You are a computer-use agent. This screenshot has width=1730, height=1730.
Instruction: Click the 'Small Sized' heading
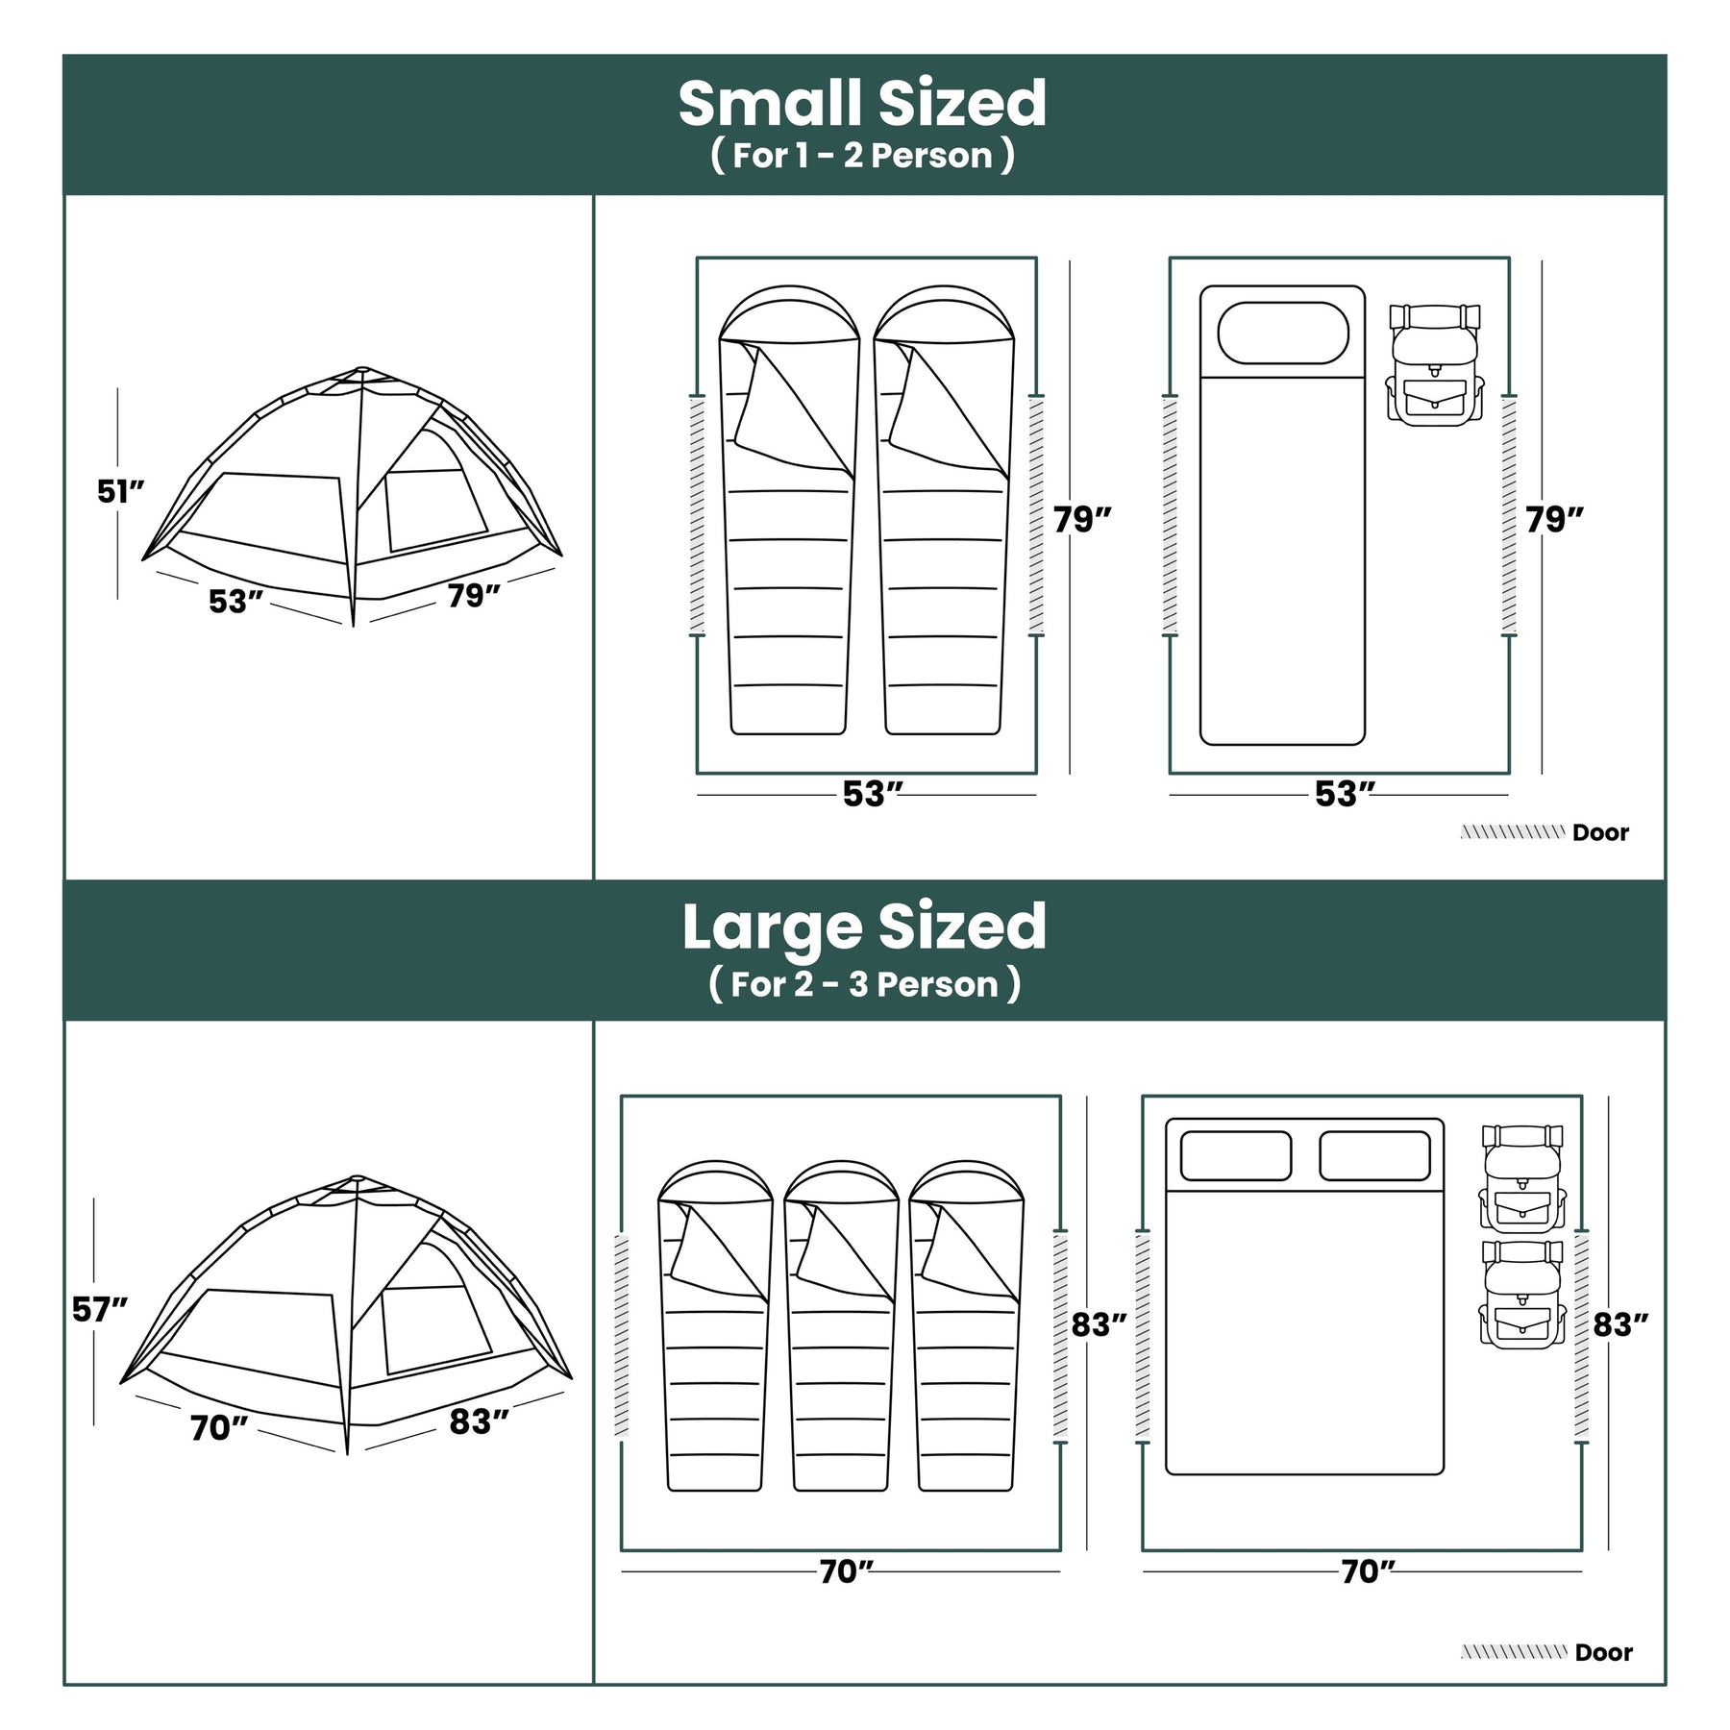pyautogui.click(x=862, y=104)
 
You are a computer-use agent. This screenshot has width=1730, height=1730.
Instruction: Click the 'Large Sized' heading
pyautogui.click(x=864, y=928)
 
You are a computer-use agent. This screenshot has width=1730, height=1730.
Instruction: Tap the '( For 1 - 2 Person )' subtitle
pyautogui.click(x=862, y=156)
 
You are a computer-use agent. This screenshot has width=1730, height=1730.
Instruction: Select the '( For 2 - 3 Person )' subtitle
pyautogui.click(x=864, y=984)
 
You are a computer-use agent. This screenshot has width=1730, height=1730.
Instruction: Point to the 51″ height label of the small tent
pyautogui.click(x=121, y=491)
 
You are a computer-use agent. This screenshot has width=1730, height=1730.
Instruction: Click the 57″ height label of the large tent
pyautogui.click(x=100, y=1309)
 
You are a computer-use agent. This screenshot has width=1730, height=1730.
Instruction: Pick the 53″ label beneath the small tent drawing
pyautogui.click(x=235, y=602)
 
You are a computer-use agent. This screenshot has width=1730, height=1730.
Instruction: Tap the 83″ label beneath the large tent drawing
pyautogui.click(x=479, y=1421)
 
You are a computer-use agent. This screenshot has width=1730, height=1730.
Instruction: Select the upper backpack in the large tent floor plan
pyautogui.click(x=1522, y=1178)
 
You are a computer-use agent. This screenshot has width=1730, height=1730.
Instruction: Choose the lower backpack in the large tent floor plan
pyautogui.click(x=1522, y=1294)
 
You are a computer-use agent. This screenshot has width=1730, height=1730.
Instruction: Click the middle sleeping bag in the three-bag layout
pyautogui.click(x=842, y=1326)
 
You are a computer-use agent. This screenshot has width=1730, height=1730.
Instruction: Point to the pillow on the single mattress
pyautogui.click(x=1283, y=333)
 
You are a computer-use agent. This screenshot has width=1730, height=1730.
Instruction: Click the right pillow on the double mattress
pyautogui.click(x=1374, y=1155)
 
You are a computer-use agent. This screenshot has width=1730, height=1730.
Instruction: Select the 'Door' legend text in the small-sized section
pyautogui.click(x=1600, y=832)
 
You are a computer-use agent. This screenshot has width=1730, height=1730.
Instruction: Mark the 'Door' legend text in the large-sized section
pyautogui.click(x=1604, y=1652)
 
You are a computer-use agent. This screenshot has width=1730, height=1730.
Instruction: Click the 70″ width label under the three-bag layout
pyautogui.click(x=847, y=1571)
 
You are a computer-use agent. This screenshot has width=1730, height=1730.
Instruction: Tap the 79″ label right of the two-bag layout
pyautogui.click(x=1082, y=519)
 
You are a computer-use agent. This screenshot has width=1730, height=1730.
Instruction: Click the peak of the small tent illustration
pyautogui.click(x=360, y=369)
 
